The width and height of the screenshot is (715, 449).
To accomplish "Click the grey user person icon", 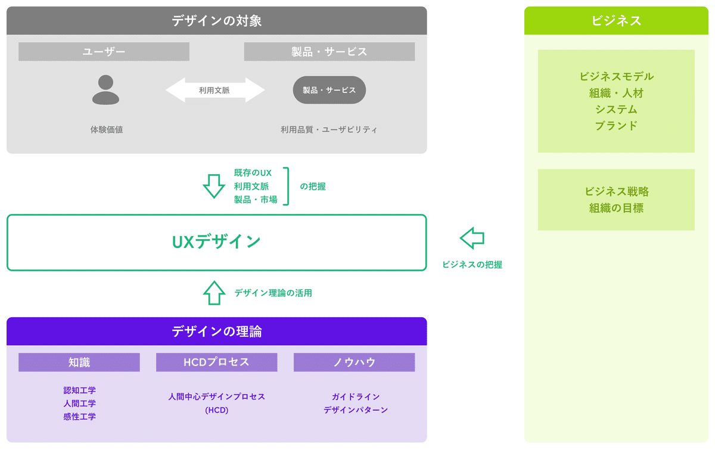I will pos(105,90).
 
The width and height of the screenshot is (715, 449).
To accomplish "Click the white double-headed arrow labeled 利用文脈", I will pos(214,90).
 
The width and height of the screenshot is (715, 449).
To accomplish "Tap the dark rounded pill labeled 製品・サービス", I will pos(329,90).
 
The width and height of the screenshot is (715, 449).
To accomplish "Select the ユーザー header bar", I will pos(104,52).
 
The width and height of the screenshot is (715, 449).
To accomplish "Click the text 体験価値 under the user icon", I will pos(107,129).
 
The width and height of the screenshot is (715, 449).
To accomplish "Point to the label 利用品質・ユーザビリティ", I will pos(329,129).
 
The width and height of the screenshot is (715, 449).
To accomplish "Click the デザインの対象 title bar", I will pos(216,21).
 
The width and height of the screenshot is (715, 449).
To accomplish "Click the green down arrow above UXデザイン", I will pos(214,186).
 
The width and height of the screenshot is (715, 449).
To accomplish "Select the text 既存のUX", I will pos(253,173).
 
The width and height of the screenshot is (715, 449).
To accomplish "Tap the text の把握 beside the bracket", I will pos(313,186).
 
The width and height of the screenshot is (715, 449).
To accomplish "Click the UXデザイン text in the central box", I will pos(216,241).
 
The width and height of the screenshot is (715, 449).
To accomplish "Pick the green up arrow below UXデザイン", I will pos(214,293).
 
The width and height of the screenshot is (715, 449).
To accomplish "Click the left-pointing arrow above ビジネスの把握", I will pos(472,237).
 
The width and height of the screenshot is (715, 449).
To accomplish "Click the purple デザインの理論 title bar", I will pos(216,332).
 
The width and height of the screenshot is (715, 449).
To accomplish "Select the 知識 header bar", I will pos(79,363).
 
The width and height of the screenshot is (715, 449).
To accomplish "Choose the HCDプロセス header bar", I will pos(216,363).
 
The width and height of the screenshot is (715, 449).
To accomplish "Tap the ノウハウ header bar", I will pos(354,363).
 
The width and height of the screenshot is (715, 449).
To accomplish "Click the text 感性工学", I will pos(79,417).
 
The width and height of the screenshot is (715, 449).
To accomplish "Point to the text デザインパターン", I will pos(356,410).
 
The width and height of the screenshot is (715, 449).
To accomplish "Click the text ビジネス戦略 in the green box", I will pos(616,192).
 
